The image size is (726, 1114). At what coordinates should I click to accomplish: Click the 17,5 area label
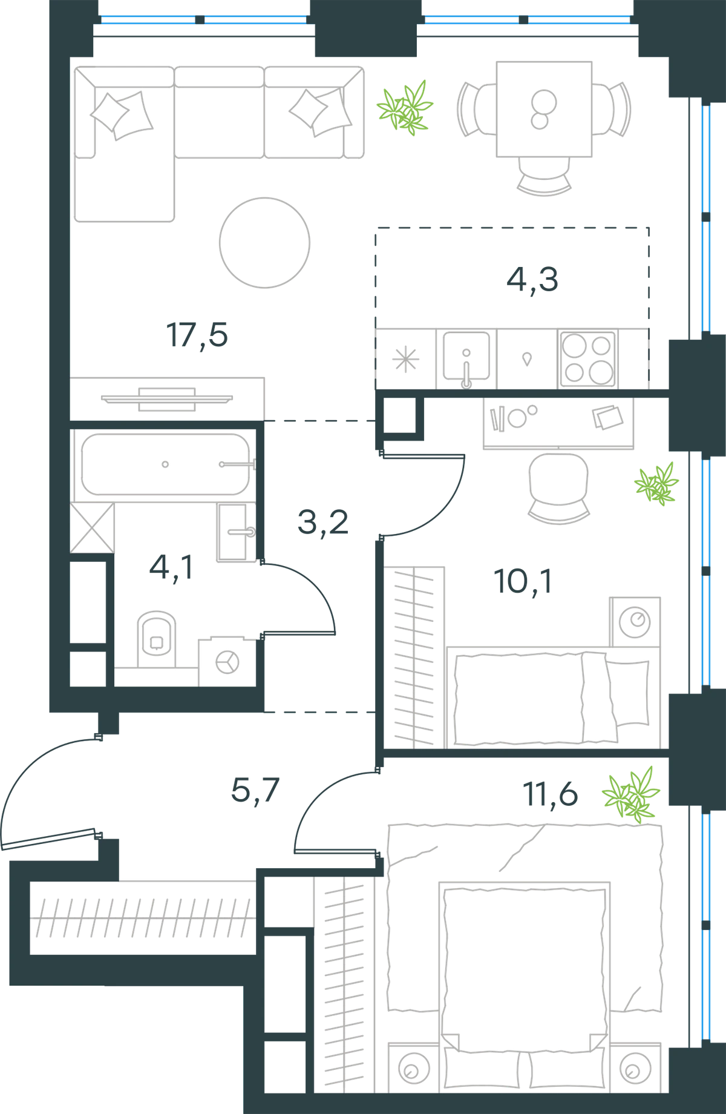(197, 336)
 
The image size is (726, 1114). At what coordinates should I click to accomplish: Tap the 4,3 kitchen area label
(532, 280)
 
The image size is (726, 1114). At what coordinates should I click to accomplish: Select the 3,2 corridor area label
(323, 522)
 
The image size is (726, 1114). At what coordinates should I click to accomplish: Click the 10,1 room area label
(523, 582)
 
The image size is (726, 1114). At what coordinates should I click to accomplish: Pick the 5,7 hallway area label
(255, 791)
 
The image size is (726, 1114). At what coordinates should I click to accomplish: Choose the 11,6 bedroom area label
(551, 794)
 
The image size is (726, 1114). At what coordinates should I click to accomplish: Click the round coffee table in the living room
(265, 243)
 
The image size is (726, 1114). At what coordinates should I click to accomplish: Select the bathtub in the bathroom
(165, 464)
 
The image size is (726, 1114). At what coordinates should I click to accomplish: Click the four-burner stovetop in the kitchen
(587, 358)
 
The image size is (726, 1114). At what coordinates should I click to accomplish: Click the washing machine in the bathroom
(227, 662)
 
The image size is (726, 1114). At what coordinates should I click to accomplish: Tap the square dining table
(544, 109)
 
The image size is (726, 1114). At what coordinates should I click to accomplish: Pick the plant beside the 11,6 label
(631, 794)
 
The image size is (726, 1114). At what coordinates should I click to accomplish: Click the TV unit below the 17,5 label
(167, 399)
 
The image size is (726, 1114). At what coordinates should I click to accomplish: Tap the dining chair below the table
(544, 176)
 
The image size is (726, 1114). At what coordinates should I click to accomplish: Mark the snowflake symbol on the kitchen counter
(405, 359)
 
